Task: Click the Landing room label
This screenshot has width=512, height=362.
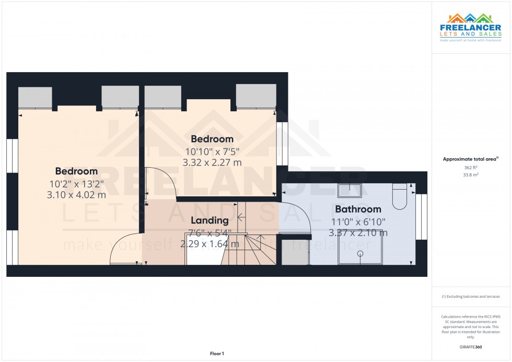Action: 210,220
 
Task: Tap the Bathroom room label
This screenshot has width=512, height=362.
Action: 358,209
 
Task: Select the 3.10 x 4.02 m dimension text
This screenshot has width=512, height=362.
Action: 76,195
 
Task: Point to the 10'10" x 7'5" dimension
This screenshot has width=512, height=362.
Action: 212,151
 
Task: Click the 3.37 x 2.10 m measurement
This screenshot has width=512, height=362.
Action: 358,233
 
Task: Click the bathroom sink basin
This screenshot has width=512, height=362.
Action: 348,190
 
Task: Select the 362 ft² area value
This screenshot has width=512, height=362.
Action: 471,168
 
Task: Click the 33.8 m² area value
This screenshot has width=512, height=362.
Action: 471,176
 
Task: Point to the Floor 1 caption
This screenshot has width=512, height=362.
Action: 216,354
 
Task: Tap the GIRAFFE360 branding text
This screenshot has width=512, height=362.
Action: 471,347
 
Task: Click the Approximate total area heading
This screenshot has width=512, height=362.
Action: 470,159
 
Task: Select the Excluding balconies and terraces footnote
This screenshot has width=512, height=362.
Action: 471,296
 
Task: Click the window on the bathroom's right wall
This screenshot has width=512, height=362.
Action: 422,216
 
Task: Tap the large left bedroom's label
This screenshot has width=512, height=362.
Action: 76,171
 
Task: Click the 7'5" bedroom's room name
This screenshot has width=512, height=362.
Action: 212,139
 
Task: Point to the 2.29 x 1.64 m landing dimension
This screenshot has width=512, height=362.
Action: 210,244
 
